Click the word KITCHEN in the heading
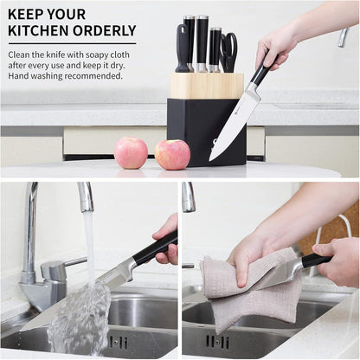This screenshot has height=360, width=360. (38, 30)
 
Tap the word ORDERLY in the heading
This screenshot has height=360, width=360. (105, 30)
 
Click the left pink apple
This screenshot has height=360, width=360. (131, 153)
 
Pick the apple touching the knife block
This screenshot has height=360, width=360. (172, 155)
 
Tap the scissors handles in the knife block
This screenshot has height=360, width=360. (229, 52)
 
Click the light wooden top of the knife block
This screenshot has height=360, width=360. (207, 86)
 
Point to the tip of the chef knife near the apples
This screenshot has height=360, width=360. (209, 161)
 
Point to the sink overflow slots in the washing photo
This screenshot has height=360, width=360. (119, 343)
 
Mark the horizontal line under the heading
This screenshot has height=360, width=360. (72, 44)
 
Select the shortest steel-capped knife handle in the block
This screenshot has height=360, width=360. (215, 49)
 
